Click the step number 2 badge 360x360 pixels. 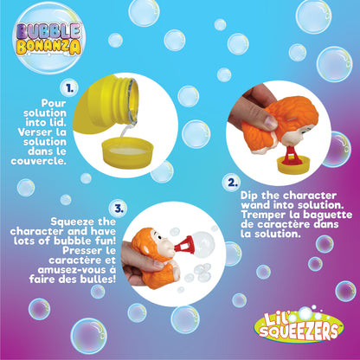[x=229, y=182]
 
